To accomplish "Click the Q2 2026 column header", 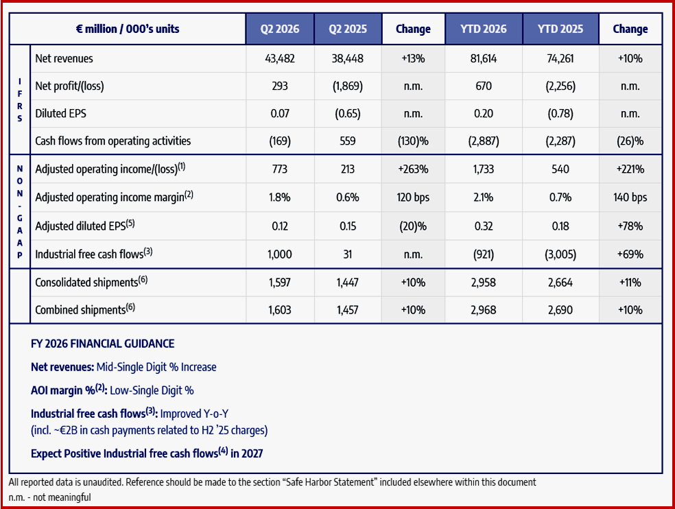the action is (x=280, y=29).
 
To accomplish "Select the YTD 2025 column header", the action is (x=560, y=29).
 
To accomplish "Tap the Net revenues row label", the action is (x=64, y=58).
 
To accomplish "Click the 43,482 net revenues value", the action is (x=280, y=58).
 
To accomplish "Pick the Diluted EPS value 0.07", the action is (x=280, y=114).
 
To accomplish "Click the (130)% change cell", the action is (x=413, y=141).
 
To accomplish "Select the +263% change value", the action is (x=413, y=169).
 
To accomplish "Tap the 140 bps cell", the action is (x=630, y=198).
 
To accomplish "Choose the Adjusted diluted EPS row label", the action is (x=85, y=225).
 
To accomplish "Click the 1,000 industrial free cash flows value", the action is (x=280, y=254).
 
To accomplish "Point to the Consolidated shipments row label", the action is (x=91, y=282).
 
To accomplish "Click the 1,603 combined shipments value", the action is (x=280, y=310).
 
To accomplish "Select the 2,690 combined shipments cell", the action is (x=560, y=310).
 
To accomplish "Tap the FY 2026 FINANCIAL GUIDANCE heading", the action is (x=102, y=344).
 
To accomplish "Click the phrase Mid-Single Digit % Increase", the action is (x=156, y=367).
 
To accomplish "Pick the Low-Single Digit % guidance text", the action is (x=152, y=390).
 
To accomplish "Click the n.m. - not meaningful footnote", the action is (x=50, y=497).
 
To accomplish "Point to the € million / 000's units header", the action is (x=128, y=29).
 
